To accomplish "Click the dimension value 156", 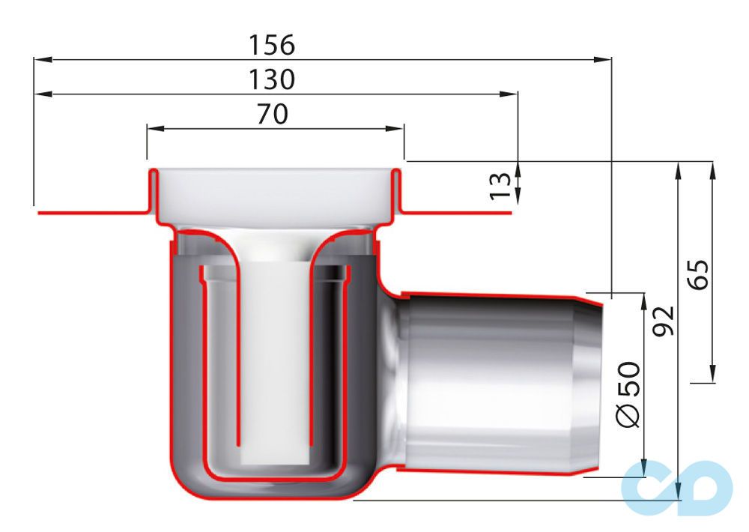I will (272, 45).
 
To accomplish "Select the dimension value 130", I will (272, 79).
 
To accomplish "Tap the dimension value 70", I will (272, 114).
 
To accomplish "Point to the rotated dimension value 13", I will (500, 185).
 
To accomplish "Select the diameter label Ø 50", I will (628, 395).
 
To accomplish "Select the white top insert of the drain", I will (273, 195).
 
